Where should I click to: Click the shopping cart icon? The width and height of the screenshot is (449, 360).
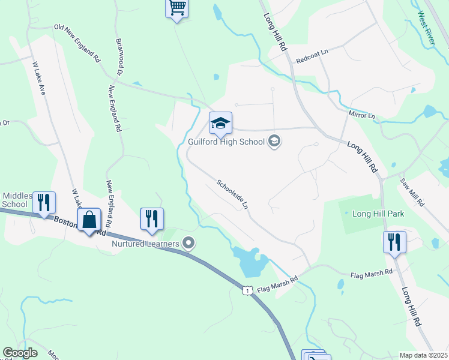click(x=176, y=8)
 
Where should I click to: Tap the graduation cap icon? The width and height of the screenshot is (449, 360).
click(x=220, y=124)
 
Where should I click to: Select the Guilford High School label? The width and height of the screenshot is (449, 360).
click(x=226, y=142)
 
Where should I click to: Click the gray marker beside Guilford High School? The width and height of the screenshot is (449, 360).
click(x=275, y=142)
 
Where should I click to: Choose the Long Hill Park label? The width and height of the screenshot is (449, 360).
click(x=378, y=214)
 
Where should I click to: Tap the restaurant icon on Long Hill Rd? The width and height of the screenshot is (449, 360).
click(x=394, y=242)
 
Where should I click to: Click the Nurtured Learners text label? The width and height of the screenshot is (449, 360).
click(x=146, y=244)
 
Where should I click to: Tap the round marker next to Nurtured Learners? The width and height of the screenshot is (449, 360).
click(x=189, y=243)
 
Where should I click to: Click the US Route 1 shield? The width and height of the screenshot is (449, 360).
click(x=247, y=290)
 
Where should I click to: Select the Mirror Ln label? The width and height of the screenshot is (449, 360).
click(x=361, y=114)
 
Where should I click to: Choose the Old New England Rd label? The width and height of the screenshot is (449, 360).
click(x=77, y=44)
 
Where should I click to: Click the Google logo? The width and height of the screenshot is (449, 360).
click(x=20, y=353)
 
